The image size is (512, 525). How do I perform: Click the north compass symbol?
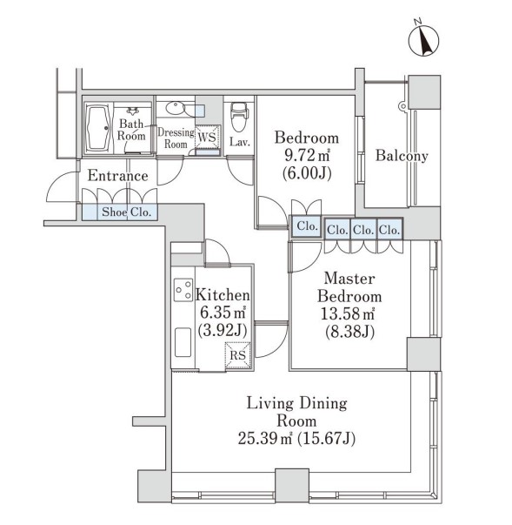coord(424,39)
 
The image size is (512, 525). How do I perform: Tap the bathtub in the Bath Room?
coord(98,129)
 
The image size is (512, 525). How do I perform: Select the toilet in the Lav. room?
coord(239,116)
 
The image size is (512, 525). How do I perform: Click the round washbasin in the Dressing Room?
coord(175,109)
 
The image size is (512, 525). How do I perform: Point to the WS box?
coord(208,137)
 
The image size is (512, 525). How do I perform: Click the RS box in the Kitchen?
coord(238,355)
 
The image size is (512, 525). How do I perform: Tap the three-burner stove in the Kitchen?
coord(183,290)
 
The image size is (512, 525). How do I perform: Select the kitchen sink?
coord(183,342)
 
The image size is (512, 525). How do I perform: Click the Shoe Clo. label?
coord(127,212)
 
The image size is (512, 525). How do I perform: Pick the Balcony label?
coord(402,156)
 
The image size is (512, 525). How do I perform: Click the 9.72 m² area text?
coord(307,155)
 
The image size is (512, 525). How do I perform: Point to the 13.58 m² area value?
coord(348,313)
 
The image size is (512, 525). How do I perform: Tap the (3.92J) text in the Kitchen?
coord(223,331)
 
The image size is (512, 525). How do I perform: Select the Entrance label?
coord(117,176)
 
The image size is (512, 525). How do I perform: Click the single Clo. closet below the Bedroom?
coord(307,226)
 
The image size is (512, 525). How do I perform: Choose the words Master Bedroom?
coord(349,287)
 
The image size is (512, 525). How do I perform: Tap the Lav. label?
coord(240,142)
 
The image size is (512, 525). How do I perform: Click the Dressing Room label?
coord(176,138)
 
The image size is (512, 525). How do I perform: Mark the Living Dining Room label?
coord(296,412)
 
